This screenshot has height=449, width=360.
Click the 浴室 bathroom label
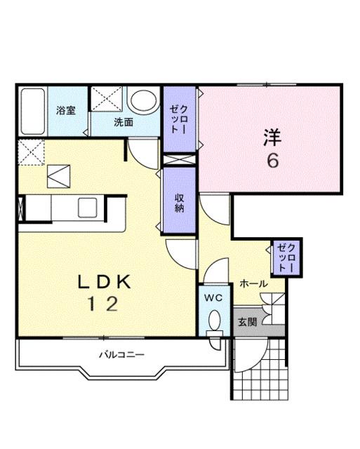(x=66, y=110)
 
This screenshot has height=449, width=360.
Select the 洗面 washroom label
(x=124, y=121)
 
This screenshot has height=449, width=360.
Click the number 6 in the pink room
(x=272, y=161)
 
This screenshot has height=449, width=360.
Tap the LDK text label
(x=105, y=282)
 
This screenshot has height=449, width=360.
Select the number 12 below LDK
(x=102, y=304)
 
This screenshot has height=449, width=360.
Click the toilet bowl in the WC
(x=214, y=322)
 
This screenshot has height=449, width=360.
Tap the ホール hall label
(x=253, y=283)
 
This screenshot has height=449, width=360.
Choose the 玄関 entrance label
(x=248, y=322)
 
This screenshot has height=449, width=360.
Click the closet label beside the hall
(x=285, y=257)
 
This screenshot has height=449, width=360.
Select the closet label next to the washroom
(x=175, y=119)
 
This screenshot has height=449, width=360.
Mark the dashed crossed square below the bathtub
(x=31, y=152)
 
